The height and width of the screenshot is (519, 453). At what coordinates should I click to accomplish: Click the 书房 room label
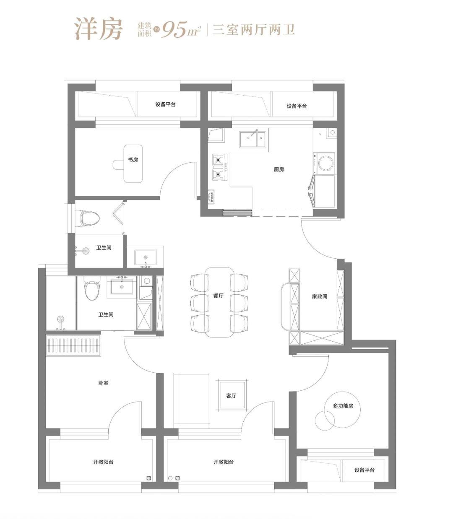pos(133,160)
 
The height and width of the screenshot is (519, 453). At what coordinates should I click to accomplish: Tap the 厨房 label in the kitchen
pos(279,169)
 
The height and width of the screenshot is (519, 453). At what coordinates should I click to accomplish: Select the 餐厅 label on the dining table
pos(218,296)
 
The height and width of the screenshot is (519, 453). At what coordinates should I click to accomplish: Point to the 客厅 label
pos(231,395)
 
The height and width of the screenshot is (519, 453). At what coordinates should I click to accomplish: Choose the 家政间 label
pos(320,296)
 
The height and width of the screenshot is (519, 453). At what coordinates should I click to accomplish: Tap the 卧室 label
pos(103,383)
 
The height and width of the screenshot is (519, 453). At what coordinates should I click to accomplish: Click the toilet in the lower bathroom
pos(92,288)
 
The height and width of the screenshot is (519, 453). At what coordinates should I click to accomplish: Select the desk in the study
pos(133,163)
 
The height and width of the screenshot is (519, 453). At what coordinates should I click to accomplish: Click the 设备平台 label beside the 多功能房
pos(364,470)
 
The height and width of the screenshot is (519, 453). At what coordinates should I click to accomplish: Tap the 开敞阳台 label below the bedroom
pos(103,462)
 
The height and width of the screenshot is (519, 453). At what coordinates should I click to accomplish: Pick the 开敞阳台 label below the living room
pos(223,462)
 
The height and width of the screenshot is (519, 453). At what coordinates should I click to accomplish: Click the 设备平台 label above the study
pos(165,104)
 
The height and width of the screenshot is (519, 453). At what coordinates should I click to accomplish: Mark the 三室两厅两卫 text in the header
pos(253,30)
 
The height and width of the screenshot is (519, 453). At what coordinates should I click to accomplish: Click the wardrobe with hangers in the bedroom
pos(73,345)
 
